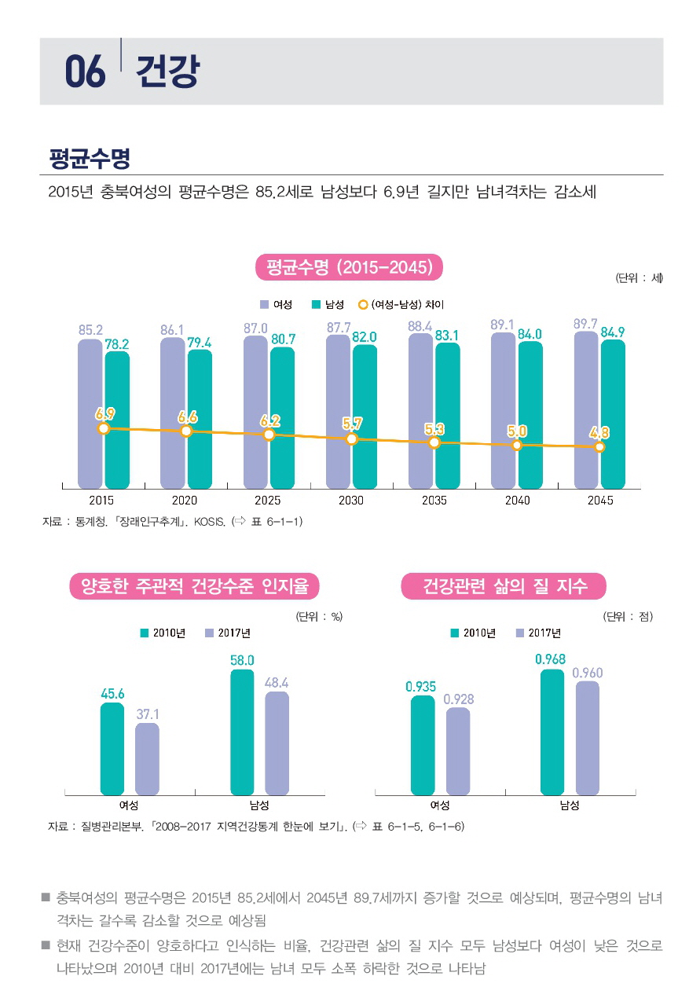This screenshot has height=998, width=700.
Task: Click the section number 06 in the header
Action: (x=85, y=72)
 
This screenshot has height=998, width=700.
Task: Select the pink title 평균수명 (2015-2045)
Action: (x=350, y=267)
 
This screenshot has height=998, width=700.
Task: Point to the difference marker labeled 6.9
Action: (x=103, y=428)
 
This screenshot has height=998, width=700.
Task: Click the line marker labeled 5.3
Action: (x=434, y=442)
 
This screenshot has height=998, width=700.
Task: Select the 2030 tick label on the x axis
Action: (x=350, y=501)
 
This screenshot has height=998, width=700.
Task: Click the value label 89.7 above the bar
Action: (x=586, y=324)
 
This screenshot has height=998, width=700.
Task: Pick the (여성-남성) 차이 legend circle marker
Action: (x=363, y=304)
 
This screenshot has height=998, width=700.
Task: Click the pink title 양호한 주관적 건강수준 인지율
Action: (x=195, y=585)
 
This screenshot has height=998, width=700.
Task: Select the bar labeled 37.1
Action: (x=147, y=759)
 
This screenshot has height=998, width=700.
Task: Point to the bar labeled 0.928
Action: (x=458, y=751)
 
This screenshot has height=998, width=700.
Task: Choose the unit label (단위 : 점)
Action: (x=628, y=616)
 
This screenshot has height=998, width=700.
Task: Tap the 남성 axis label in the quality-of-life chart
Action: (x=570, y=805)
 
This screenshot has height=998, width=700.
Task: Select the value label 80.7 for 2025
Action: (x=283, y=339)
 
